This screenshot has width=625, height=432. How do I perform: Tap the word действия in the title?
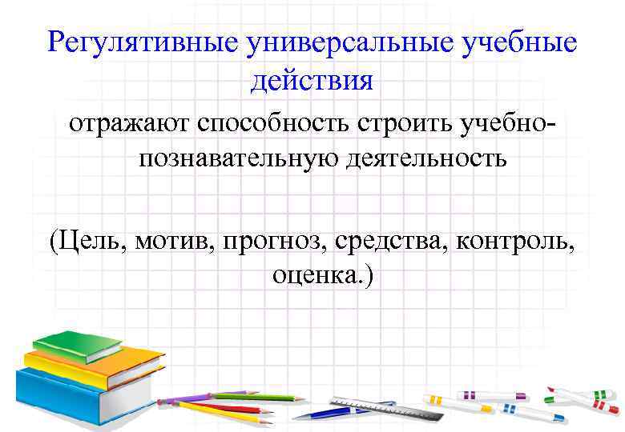(311, 79)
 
